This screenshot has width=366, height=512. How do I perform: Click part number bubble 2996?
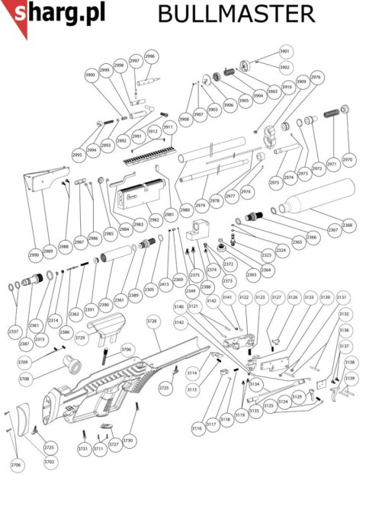click(149, 56)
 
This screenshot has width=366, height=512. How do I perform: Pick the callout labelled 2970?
click(348, 162)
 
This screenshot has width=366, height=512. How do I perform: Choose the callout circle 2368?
click(348, 226)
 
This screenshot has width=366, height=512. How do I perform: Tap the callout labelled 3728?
click(152, 322)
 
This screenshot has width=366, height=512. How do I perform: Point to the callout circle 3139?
click(350, 379)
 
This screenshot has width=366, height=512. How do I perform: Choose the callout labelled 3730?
click(127, 441)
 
